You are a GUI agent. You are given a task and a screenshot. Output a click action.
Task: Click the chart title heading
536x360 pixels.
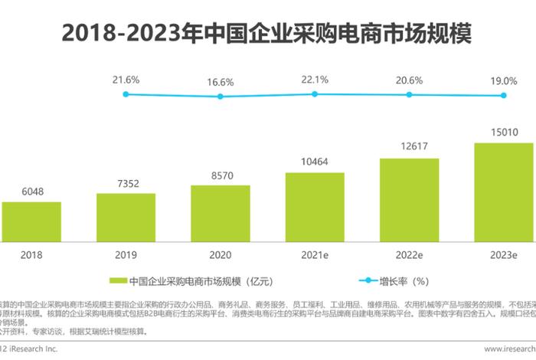267,33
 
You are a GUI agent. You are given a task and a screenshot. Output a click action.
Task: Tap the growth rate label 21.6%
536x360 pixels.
126,80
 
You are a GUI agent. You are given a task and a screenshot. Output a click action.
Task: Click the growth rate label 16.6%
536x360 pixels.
221,81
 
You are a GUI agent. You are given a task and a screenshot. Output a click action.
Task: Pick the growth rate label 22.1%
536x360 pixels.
315,79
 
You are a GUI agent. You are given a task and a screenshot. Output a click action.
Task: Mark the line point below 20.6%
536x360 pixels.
409,94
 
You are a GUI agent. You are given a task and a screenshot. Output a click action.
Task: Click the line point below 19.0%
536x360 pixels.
504,96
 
